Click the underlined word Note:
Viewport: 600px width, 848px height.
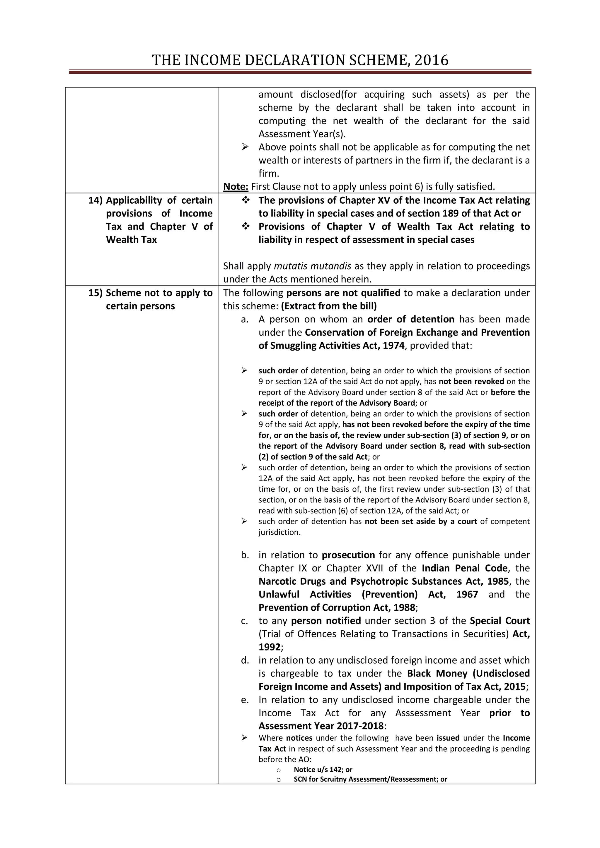(x=236, y=186)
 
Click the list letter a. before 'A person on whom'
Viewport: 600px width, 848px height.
(x=245, y=320)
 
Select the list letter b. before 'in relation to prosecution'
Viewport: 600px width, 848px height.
(x=245, y=555)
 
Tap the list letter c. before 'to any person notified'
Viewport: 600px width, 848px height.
(x=245, y=621)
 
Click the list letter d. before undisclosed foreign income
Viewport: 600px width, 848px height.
(x=245, y=660)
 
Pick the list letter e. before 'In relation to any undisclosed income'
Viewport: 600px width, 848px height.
(x=245, y=700)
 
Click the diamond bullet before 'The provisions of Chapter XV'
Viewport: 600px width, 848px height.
(x=245, y=200)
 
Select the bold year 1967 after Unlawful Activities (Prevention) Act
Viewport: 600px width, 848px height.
(x=467, y=595)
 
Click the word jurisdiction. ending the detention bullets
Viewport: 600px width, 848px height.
(x=279, y=532)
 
